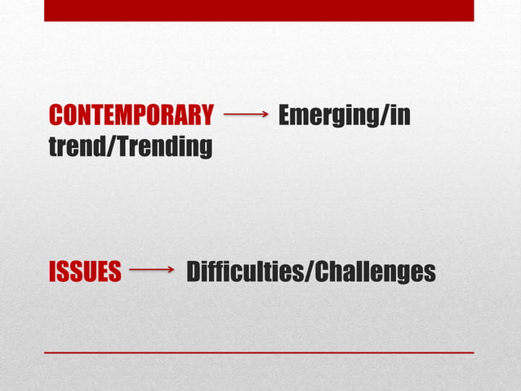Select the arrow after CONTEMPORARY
[x=246, y=116]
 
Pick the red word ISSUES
[x=85, y=272]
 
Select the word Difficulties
[x=243, y=272]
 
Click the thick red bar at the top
[x=259, y=11]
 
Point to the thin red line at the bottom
[x=259, y=353]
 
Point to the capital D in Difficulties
[x=194, y=272]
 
